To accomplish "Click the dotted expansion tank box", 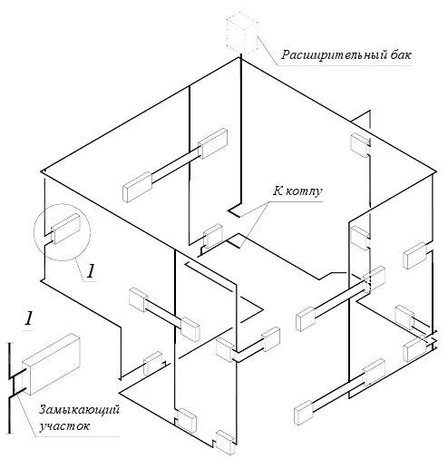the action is coord(242,34).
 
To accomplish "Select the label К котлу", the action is coord(297,191).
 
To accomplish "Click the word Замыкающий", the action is coord(79,409).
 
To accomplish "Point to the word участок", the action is coord(64,425).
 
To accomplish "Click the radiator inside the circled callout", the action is coord(66,229).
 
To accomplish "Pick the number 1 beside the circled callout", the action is coord(91,270).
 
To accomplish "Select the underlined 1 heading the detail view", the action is coord(28,318).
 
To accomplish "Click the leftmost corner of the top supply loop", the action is coord(41,171).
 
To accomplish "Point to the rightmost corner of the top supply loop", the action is coord(436,171).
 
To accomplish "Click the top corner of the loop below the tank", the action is coord(241,57).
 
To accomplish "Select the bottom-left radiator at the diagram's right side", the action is coord(304,411).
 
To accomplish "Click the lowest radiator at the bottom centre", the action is coord(225,443).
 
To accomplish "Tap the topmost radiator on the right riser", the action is coord(360,145).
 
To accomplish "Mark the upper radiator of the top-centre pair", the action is coord(213,143).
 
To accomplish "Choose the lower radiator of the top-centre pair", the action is coord(137,187).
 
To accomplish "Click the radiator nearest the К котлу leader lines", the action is coord(213,236).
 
